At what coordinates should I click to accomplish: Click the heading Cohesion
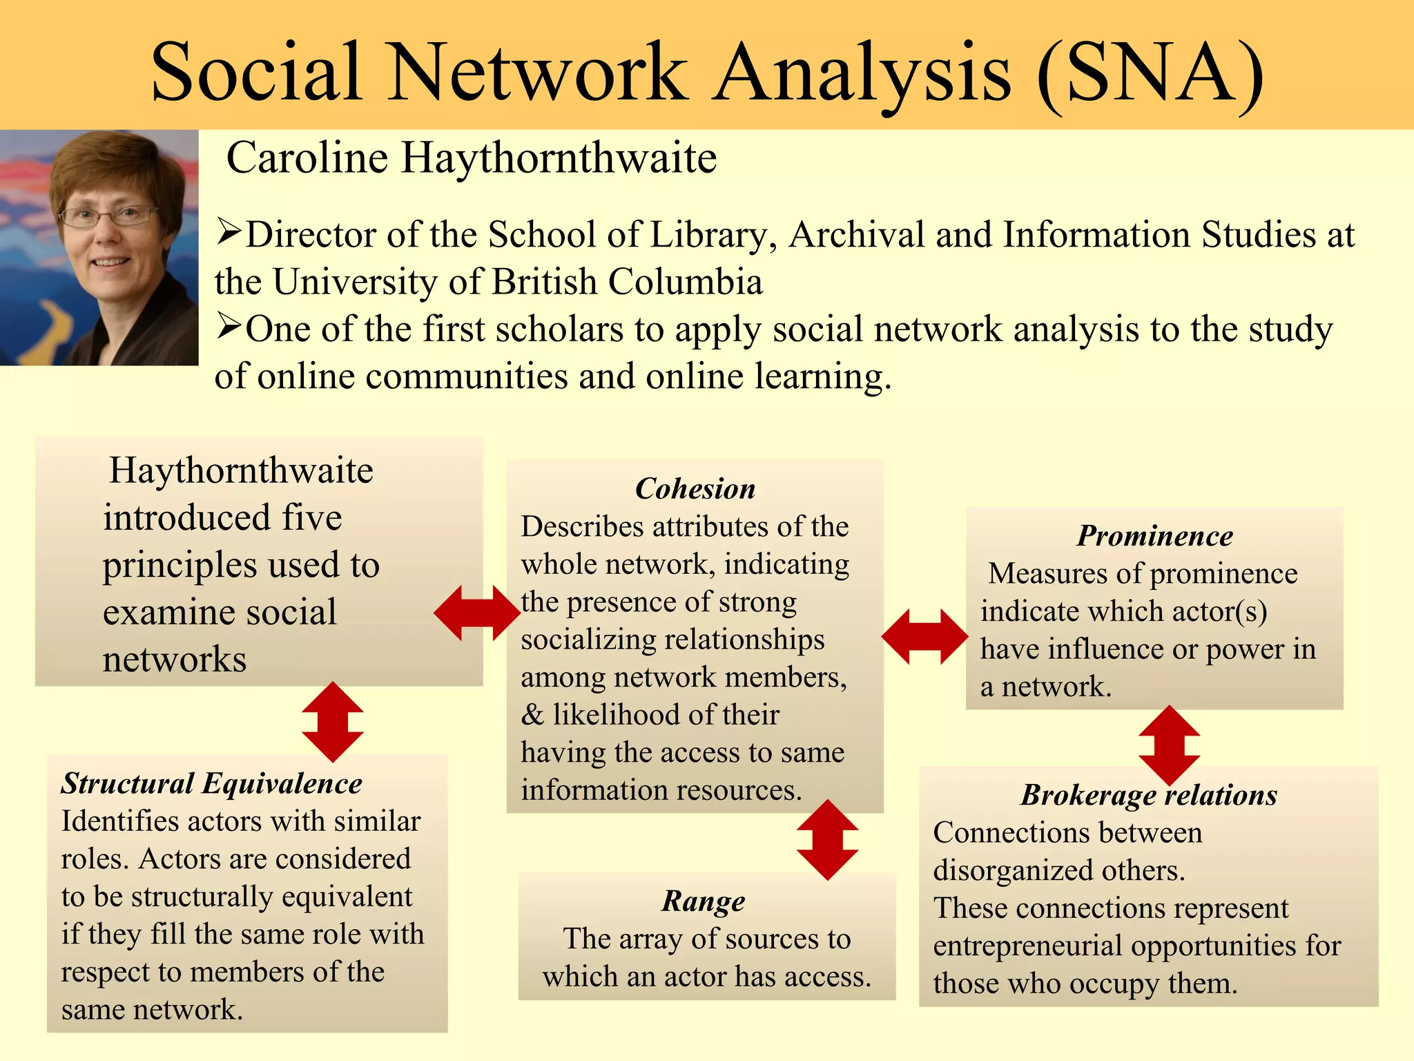coord(695,489)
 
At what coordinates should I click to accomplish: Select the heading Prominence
coord(1154,536)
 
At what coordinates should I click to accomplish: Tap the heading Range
coord(704,901)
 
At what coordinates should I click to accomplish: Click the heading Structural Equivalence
coord(211,783)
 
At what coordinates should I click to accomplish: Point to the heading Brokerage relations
coord(1149,795)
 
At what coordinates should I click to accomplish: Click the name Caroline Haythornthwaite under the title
coord(472,157)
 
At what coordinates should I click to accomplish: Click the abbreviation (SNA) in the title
coord(1150,73)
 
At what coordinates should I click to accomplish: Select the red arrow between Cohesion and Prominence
coord(924,636)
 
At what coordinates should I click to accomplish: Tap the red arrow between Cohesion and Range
coord(827,840)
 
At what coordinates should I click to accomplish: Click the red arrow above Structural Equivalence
coord(333,722)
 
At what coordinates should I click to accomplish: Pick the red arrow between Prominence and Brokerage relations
coord(1169,745)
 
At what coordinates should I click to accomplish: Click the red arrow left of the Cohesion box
coord(477,613)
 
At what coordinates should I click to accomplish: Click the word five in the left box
coord(311,517)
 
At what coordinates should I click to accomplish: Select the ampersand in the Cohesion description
coord(532,715)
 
